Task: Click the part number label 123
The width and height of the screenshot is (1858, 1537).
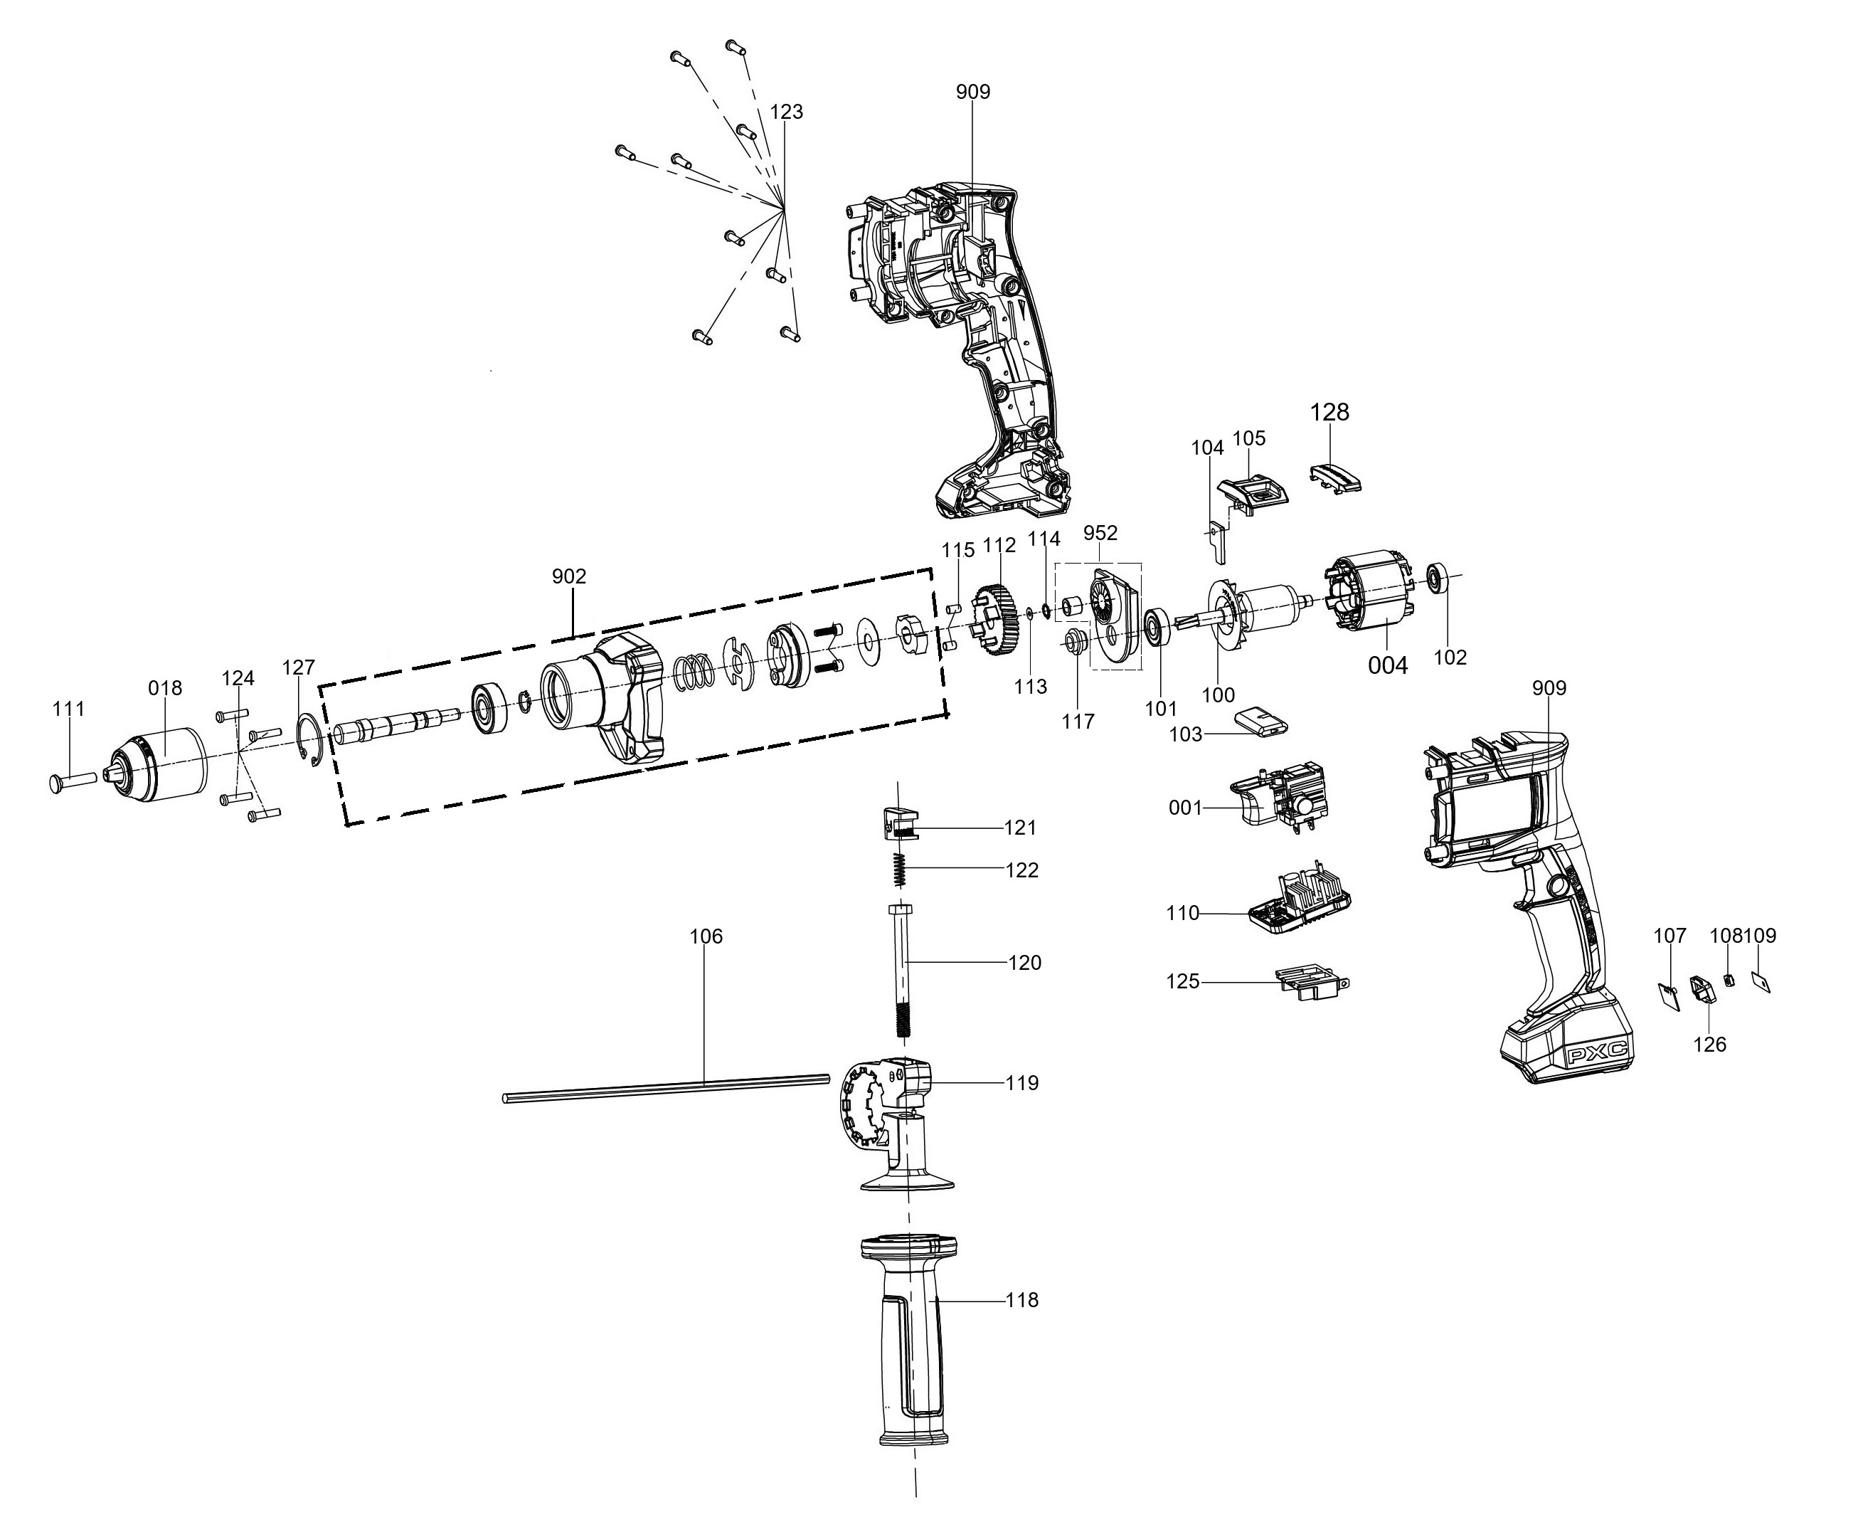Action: click(787, 112)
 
